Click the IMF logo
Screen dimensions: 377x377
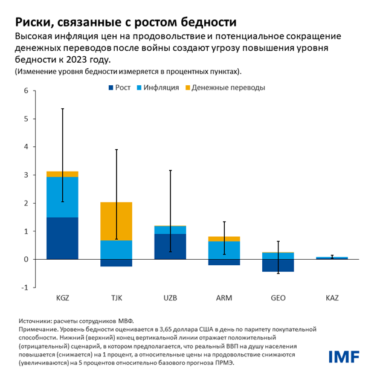(x=343, y=356)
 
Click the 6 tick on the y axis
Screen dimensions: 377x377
(x=26, y=91)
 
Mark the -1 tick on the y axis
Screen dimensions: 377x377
(x=25, y=287)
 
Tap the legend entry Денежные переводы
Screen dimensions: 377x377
(x=228, y=88)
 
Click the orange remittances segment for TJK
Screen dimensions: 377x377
(x=116, y=221)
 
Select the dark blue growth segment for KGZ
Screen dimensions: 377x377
(x=62, y=238)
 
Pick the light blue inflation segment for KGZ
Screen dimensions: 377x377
(x=62, y=197)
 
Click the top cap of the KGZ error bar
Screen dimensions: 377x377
(x=62, y=109)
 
